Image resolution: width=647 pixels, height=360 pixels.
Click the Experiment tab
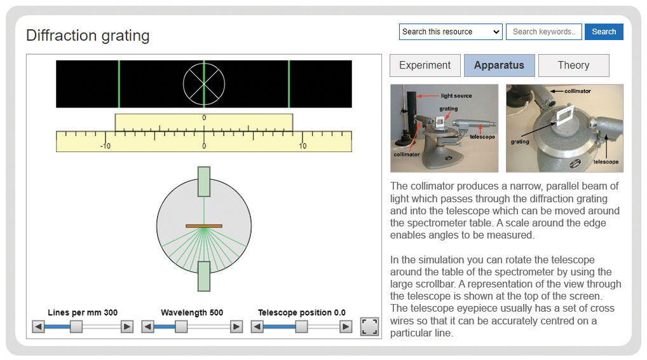tap(425, 66)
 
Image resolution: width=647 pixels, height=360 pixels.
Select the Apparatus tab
tap(500, 66)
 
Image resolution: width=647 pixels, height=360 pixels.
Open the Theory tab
tap(573, 66)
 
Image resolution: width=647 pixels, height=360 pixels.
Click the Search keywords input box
tap(544, 32)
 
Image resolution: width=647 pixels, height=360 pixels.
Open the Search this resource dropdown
tap(451, 32)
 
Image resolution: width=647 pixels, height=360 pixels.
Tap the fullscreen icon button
tap(369, 326)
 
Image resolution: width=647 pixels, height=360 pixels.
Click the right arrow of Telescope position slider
tap(346, 327)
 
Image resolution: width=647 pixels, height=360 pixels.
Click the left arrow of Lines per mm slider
tap(38, 327)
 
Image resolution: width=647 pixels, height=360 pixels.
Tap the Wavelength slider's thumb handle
tap(181, 327)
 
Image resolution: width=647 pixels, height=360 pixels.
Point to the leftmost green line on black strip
tap(119, 84)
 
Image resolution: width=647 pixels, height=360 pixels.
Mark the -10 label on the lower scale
tap(106, 146)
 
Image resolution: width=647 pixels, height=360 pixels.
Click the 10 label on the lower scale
tap(303, 146)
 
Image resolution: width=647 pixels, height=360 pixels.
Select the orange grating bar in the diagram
tap(204, 226)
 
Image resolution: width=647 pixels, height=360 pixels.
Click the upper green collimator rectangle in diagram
tap(204, 182)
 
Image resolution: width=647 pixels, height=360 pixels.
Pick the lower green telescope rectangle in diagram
tap(204, 276)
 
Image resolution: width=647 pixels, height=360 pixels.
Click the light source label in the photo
tap(456, 96)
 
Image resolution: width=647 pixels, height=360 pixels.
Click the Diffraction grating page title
tap(88, 36)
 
